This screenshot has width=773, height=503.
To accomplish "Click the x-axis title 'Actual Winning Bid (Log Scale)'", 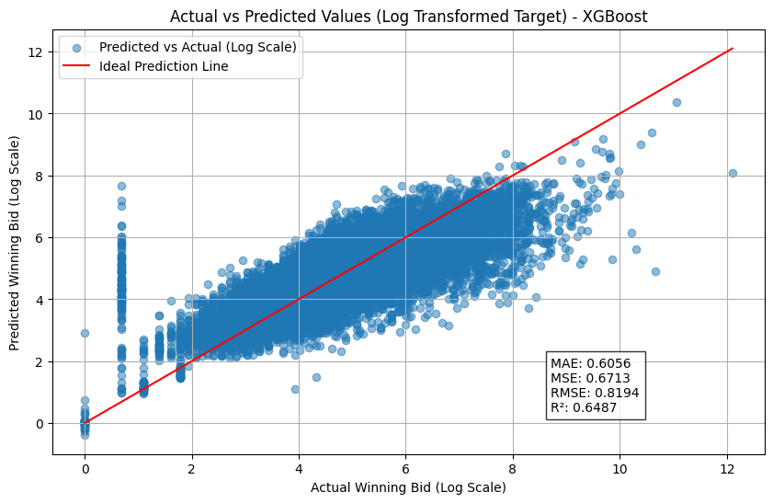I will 408,486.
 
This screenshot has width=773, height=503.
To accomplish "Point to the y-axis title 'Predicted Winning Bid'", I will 17,243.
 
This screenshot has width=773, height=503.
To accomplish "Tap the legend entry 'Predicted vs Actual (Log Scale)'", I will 198,47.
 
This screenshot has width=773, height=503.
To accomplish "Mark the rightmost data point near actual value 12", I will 733,173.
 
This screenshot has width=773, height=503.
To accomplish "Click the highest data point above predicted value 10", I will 676,102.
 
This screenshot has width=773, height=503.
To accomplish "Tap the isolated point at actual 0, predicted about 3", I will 85,333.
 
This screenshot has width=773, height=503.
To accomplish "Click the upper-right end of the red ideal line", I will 733,49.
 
